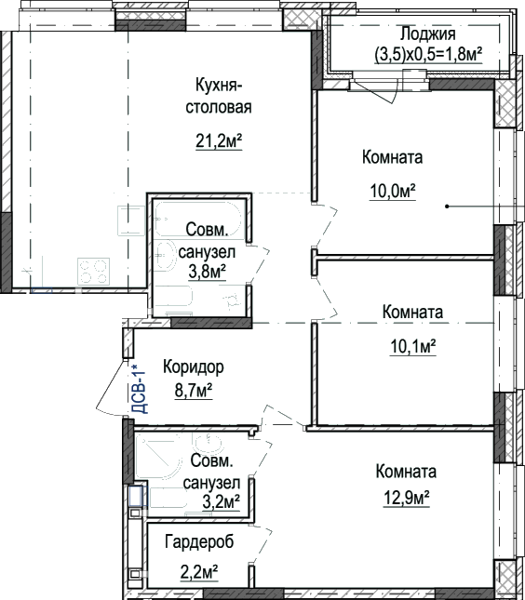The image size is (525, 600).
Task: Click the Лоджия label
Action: (x=428, y=34)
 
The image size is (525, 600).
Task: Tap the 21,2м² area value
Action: (x=219, y=141)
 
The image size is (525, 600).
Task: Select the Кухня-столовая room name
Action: (x=219, y=96)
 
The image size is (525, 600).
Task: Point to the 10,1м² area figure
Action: (x=413, y=347)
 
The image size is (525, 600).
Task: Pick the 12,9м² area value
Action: (x=406, y=498)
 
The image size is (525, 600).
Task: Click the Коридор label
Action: (x=194, y=367)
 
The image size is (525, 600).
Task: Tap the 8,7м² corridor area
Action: (x=194, y=391)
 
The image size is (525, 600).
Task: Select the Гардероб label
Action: (x=199, y=541)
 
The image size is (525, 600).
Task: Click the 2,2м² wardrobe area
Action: (x=199, y=572)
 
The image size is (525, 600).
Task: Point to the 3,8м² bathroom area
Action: (x=208, y=272)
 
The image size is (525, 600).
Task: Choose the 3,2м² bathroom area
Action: (x=222, y=501)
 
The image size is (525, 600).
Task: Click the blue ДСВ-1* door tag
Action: (x=139, y=389)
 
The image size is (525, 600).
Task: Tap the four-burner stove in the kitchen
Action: (x=94, y=272)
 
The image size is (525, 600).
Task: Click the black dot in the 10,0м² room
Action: (x=447, y=207)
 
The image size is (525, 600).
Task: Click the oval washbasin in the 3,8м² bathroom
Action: (x=165, y=256)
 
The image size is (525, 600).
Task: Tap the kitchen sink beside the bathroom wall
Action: (x=131, y=220)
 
